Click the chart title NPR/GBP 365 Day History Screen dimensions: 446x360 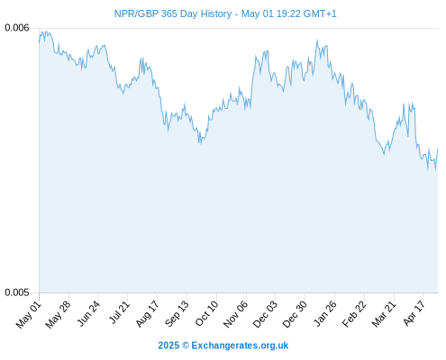click(173, 13)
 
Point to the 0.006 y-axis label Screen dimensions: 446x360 click(17, 28)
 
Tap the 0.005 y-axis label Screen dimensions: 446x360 click(17, 292)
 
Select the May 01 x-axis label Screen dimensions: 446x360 click(29, 314)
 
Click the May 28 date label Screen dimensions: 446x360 click(59, 314)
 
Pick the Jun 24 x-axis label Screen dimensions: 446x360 click(88, 313)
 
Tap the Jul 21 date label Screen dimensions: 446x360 click(119, 312)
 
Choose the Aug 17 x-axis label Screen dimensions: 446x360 click(147, 314)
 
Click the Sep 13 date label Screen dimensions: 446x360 click(177, 313)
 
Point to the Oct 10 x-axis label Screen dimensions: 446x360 click(206, 313)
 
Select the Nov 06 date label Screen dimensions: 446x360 click(236, 314)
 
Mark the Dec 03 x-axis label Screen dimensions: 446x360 click(265, 314)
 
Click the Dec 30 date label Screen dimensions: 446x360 click(295, 314)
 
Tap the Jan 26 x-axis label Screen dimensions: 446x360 click(324, 313)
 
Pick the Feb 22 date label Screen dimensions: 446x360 click(354, 314)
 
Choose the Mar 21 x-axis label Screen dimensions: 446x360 click(384, 314)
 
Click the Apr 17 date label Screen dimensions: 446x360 click(414, 313)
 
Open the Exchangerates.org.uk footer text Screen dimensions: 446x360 click(240, 346)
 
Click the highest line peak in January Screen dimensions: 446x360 click(317, 40)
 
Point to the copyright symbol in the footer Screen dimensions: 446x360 click(186, 346)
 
